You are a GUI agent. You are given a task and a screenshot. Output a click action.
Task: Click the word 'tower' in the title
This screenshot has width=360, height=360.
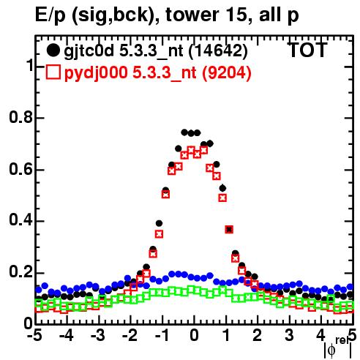pyautogui.click(x=192, y=15)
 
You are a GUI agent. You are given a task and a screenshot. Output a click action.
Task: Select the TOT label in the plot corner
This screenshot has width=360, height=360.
pyautogui.click(x=308, y=50)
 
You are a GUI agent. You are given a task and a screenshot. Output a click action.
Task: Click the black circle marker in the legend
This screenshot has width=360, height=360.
pyautogui.click(x=53, y=50)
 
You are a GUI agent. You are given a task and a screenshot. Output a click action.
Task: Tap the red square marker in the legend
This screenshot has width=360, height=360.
pyautogui.click(x=53, y=72)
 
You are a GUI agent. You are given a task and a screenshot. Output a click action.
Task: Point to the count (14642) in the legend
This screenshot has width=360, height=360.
pyautogui.click(x=218, y=51)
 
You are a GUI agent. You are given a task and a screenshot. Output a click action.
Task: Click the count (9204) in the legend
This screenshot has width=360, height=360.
pyautogui.click(x=227, y=73)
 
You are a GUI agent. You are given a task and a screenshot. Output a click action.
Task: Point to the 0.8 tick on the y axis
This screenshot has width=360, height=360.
pyautogui.click(x=20, y=117)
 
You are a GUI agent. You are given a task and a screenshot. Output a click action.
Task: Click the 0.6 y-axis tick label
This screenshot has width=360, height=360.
pyautogui.click(x=20, y=169)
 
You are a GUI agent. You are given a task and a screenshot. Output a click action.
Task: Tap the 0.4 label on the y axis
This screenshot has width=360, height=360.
pyautogui.click(x=20, y=220)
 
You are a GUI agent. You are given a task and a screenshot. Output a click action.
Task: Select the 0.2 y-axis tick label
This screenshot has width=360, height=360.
pyautogui.click(x=20, y=272)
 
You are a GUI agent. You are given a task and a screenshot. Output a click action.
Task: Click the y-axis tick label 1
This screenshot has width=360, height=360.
pyautogui.click(x=30, y=65)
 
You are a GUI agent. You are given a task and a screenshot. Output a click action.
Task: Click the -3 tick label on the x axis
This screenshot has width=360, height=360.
pyautogui.click(x=98, y=335)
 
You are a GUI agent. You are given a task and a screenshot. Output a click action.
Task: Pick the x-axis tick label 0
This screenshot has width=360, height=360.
pyautogui.click(x=194, y=335)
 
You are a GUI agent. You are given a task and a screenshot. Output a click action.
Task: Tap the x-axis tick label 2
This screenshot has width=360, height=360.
pyautogui.click(x=258, y=335)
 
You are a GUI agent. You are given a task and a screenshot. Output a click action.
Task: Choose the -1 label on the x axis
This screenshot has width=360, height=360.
pyautogui.click(x=162, y=335)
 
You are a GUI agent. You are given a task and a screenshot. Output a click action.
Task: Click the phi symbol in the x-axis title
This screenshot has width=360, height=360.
pyautogui.click(x=331, y=350)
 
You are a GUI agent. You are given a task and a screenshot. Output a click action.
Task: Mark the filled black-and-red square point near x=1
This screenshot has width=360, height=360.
pyautogui.click(x=229, y=229)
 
